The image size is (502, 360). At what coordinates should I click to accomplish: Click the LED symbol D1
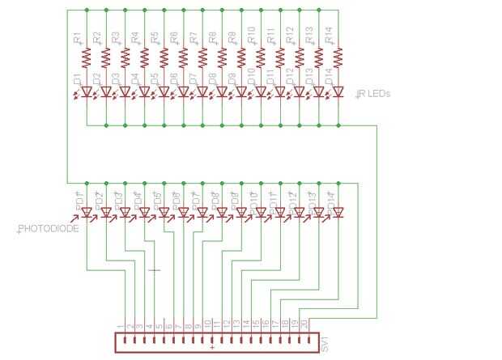click(86, 92)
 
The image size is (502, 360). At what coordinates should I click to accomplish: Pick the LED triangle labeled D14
click(338, 92)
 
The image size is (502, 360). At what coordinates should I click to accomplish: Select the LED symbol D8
click(222, 92)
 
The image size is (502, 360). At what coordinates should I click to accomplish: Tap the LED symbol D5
click(164, 92)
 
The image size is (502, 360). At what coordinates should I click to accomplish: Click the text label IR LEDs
click(373, 94)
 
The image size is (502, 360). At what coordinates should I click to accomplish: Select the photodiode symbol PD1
click(86, 212)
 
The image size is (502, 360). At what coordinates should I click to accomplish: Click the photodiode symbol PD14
click(338, 212)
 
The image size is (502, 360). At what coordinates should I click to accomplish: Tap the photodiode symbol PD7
click(202, 212)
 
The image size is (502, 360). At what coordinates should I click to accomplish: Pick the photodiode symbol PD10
click(261, 212)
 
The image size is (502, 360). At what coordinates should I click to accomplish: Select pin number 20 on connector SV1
click(304, 324)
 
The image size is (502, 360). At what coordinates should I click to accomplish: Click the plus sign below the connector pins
click(211, 348)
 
